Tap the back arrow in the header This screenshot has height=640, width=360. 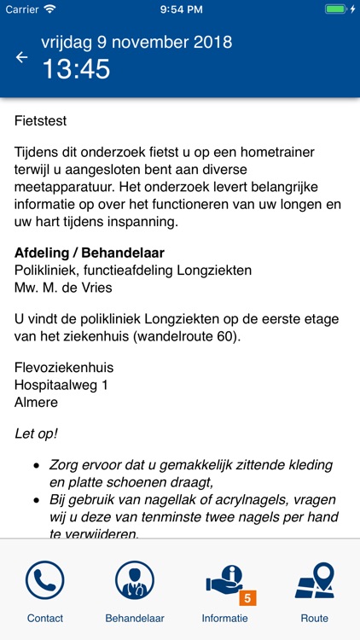[22, 57]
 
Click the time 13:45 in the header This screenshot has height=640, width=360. [76, 69]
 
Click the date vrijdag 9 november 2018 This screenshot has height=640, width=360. [136, 42]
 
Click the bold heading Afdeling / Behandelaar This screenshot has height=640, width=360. [90, 253]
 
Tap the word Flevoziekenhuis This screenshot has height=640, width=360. [64, 368]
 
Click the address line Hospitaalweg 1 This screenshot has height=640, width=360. [62, 385]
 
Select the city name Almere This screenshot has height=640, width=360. [37, 402]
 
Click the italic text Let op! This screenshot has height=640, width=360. [37, 433]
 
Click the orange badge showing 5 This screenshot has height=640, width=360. [247, 598]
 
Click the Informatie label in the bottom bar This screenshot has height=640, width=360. [225, 618]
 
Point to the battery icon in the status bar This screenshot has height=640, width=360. [336, 9]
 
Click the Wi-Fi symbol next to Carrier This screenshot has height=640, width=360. [49, 9]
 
